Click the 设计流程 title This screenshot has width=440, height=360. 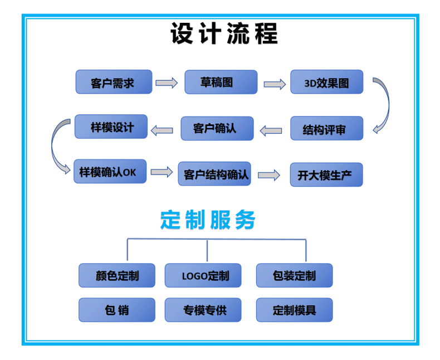click(x=223, y=34)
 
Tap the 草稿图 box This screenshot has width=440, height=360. click(x=221, y=82)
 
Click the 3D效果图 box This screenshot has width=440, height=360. click(x=326, y=82)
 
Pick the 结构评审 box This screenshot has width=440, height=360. click(x=326, y=129)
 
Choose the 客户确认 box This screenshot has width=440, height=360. click(x=217, y=129)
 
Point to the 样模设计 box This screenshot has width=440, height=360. click(x=111, y=127)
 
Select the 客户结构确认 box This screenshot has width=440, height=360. click(x=214, y=174)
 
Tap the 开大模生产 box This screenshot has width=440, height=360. click(x=326, y=175)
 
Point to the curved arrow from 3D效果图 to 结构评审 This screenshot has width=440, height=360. click(x=381, y=106)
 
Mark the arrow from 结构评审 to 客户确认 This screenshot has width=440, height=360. click(x=271, y=130)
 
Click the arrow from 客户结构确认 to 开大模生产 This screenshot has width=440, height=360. click(x=269, y=174)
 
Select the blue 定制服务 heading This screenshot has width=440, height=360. click(x=208, y=220)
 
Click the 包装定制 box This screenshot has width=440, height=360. click(x=294, y=275)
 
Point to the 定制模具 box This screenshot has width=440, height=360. click(x=294, y=310)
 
